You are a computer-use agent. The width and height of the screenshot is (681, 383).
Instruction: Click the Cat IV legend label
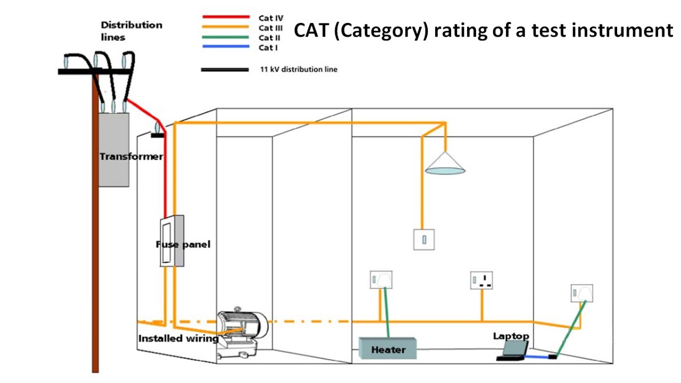pyautogui.click(x=271, y=18)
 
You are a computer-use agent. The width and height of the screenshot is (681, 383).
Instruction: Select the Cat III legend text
pyautogui.click(x=270, y=28)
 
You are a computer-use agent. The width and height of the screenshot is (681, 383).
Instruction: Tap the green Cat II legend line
pyautogui.click(x=226, y=37)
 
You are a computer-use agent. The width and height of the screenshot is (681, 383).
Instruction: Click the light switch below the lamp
pyautogui.click(x=425, y=239)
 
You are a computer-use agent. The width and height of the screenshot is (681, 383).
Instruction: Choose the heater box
pyautogui.click(x=388, y=349)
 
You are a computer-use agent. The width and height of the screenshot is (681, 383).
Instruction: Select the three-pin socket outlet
pyautogui.click(x=481, y=280)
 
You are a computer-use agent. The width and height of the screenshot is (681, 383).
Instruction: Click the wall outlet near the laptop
pyautogui.click(x=582, y=293)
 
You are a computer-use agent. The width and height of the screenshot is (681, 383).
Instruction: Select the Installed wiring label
pyautogui.click(x=178, y=339)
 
